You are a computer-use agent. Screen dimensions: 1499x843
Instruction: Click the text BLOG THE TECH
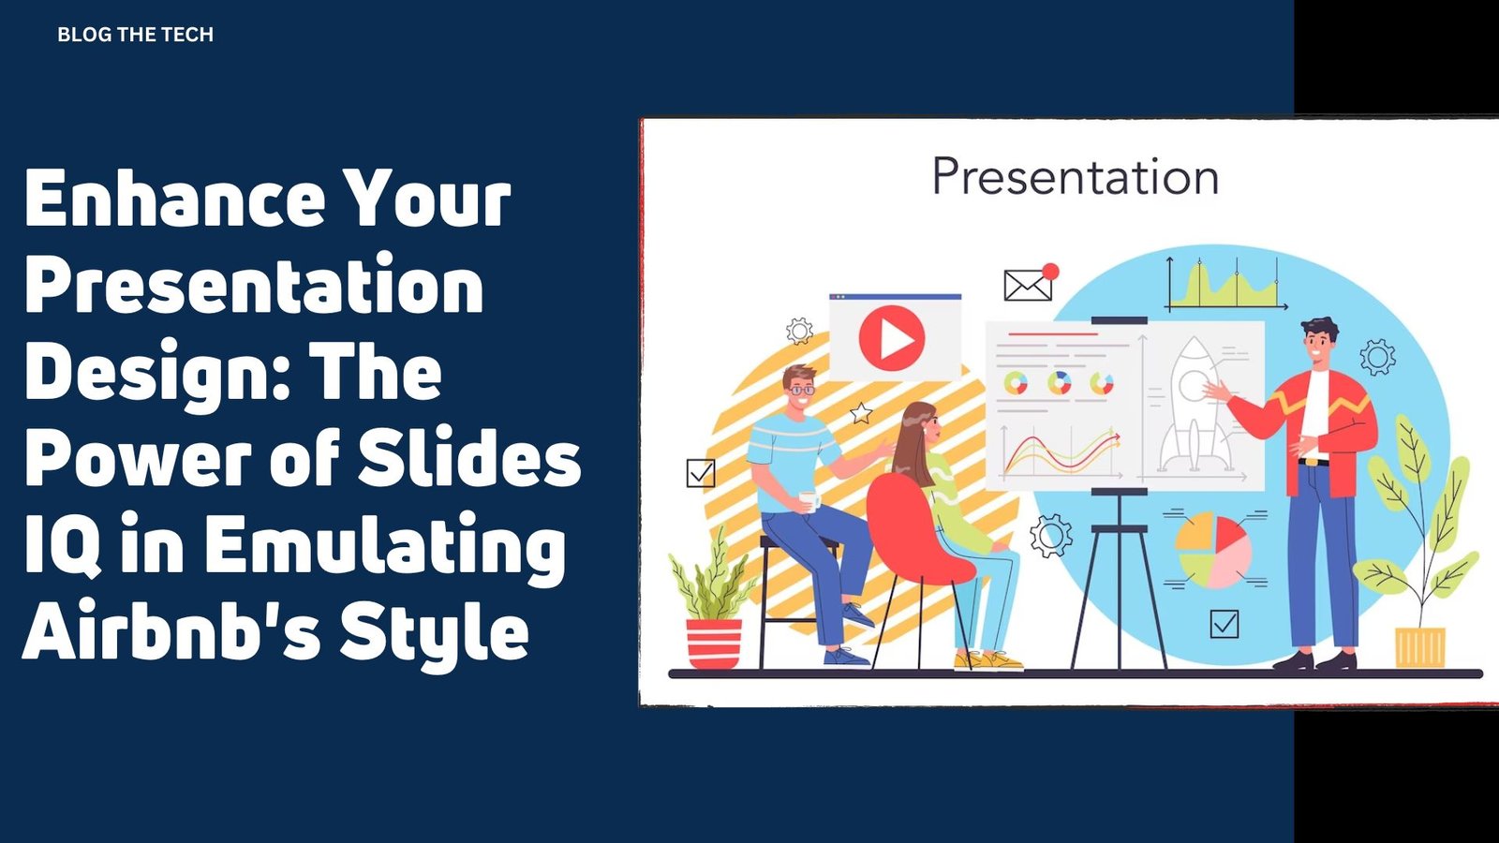[x=135, y=35]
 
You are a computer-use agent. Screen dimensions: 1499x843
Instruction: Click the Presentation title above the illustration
[x=1076, y=177]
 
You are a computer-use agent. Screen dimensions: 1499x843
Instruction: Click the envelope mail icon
[x=1028, y=285]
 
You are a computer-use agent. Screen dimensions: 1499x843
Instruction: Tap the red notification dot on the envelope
[x=1050, y=271]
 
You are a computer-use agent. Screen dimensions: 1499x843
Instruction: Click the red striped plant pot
[x=714, y=643]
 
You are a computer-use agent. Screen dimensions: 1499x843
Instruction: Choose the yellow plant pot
[x=1420, y=647]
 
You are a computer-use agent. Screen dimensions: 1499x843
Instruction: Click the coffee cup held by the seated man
[x=809, y=501]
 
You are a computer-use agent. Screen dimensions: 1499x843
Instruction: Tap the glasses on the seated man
[x=802, y=390]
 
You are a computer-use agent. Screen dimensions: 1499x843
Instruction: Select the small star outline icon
[x=861, y=413]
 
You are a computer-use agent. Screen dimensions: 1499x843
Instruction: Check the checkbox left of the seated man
[x=701, y=473]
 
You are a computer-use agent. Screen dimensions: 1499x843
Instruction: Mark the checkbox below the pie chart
[x=1224, y=624]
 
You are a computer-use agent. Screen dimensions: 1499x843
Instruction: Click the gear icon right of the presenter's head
[x=1378, y=357]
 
